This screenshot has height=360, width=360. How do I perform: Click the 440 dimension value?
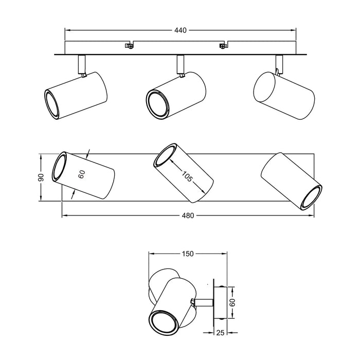[181, 30]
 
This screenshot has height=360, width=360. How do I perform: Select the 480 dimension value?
[188, 215]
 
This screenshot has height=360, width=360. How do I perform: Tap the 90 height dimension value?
[41, 177]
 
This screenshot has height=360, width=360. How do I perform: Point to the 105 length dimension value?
[187, 176]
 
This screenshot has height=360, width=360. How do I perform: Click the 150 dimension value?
[188, 254]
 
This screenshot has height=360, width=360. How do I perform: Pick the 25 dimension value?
[220, 332]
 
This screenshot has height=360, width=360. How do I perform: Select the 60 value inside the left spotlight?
[82, 174]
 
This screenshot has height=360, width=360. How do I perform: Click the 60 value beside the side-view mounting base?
[233, 302]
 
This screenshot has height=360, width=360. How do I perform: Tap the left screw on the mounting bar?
[130, 46]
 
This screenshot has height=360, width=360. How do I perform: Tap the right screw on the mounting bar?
[223, 46]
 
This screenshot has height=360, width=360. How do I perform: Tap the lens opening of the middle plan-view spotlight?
[165, 154]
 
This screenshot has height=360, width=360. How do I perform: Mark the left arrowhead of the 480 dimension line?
[64, 215]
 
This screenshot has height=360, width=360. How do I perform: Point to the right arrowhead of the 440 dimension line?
[293, 30]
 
